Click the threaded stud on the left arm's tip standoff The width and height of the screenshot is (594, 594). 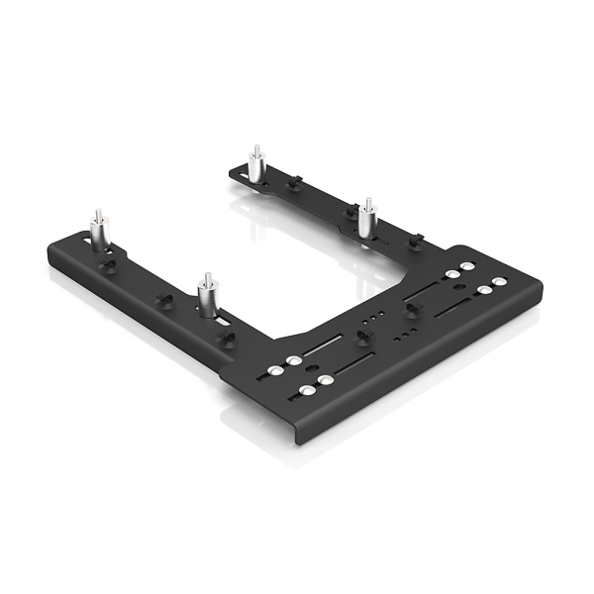click(x=98, y=217)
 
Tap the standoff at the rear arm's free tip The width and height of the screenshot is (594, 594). click(x=253, y=167)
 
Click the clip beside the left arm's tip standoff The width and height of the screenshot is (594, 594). click(x=108, y=264)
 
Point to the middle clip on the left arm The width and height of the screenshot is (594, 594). click(x=166, y=298)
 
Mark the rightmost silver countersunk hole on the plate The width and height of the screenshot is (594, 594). click(x=498, y=283)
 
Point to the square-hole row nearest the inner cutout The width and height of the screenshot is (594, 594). click(x=371, y=320)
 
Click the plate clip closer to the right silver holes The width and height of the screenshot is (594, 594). click(x=409, y=309)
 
